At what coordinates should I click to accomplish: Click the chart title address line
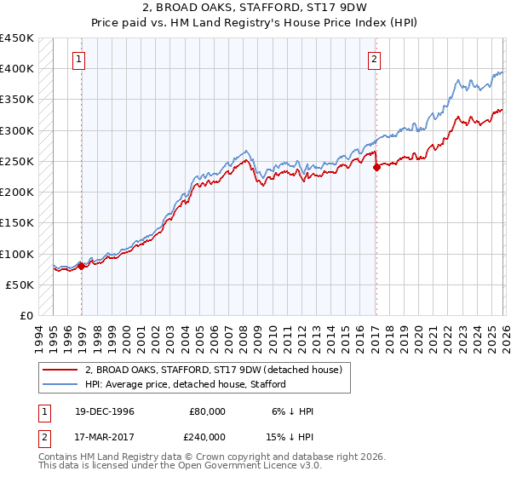tap(255, 7)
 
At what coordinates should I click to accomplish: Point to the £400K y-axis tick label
tap(17, 69)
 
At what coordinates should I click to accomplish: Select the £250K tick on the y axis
tap(17, 161)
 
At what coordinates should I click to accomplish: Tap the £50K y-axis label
tap(20, 284)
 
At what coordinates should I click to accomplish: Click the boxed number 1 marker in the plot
tap(79, 60)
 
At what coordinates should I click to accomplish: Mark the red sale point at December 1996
tap(82, 266)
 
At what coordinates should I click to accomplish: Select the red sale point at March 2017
tap(376, 168)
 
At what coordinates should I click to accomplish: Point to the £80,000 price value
tap(207, 411)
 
